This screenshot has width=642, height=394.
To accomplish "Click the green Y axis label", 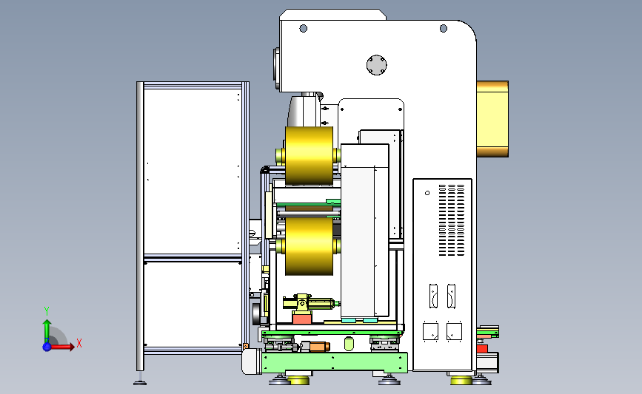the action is coord(47,311).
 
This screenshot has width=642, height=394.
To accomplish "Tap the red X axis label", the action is coord(79,343).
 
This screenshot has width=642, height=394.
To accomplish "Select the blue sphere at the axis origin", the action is coord(47,347).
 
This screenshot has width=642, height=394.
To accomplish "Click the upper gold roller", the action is coord(309,155).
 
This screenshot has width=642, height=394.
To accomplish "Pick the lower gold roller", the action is coord(309,246).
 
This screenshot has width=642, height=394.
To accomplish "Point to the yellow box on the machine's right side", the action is coord(492,119).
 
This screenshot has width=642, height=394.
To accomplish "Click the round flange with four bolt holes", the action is coord(377,65).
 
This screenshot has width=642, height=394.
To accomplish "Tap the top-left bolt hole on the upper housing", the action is coord(304,28).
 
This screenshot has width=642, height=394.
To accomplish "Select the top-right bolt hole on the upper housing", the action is coord(444,28).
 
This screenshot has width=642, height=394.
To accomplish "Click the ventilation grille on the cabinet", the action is coord(452,220).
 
